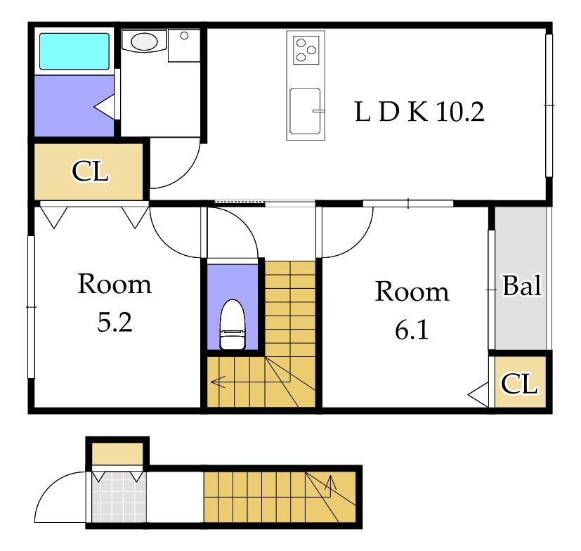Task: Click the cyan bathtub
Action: pos(74,51)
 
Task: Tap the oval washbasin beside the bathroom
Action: pos(144,41)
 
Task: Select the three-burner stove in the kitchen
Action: pos(306,50)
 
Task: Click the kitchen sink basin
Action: pos(305,110)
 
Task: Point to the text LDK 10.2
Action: pos(419,112)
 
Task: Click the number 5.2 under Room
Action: pos(115,322)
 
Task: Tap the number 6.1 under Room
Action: pos(412,330)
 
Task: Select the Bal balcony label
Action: pos(522,285)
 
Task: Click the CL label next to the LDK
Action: pos(90,171)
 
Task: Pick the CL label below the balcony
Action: pos(519,384)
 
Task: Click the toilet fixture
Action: pos(233,325)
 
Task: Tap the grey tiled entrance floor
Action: pos(119,496)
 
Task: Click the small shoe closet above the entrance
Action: pos(117,454)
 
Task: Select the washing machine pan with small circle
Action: pos(184,46)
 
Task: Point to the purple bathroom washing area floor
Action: pos(74,105)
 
